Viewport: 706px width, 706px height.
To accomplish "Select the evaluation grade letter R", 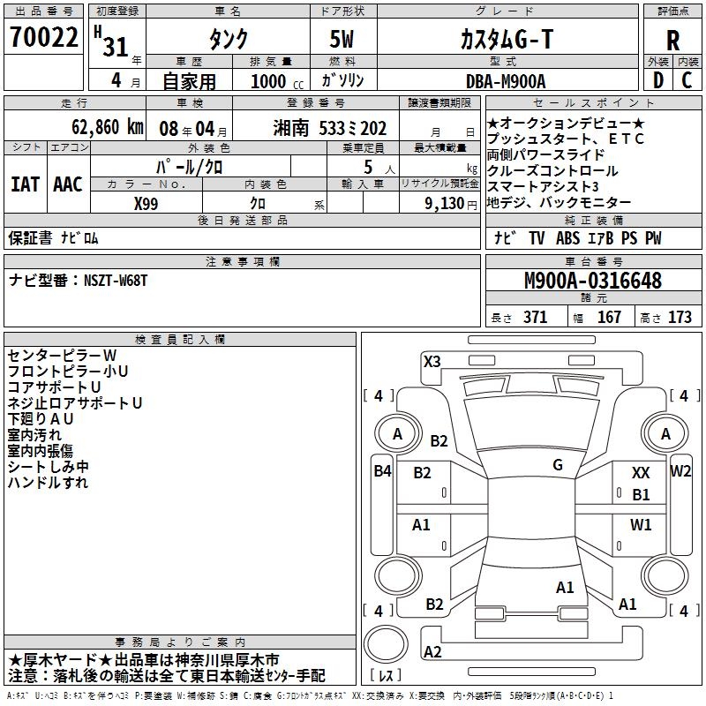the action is pos(672,40).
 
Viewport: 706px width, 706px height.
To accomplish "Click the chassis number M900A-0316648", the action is pos(592,281).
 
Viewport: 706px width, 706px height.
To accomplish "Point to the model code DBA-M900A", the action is pos(506,80).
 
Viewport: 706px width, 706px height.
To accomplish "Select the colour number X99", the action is pos(147,203).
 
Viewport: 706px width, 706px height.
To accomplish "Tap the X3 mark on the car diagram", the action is pos(432,361).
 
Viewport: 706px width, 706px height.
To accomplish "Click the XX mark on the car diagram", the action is pos(641,474).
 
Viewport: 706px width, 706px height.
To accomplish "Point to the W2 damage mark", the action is pos(680,471).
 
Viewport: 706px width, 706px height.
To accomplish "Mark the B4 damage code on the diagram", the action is pos(381,471).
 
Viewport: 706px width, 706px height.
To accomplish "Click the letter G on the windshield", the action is pos(557,464).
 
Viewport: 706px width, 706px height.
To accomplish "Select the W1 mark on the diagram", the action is pos(641,524).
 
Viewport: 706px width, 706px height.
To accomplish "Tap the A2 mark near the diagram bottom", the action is pos(432,652).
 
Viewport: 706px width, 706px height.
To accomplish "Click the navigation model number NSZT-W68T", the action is pos(115,280).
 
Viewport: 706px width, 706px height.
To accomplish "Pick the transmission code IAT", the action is pos(25,184).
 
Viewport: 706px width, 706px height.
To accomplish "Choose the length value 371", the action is pos(535,318).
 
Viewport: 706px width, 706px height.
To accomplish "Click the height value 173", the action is pos(680,318).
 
